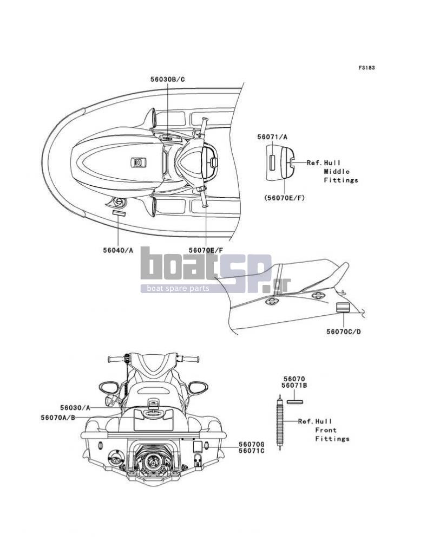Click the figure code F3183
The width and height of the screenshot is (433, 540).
pos(366,68)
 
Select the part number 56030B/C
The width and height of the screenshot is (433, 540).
pos(168,79)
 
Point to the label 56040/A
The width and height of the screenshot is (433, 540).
pos(118,250)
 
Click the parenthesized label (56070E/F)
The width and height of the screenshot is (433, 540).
pos(284,198)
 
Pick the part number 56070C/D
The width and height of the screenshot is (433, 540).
pos(344,331)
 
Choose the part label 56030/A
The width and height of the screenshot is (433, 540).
pos(75,408)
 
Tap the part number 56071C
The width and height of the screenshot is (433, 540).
pos(252,451)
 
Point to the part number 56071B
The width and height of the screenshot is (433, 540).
pos(294,386)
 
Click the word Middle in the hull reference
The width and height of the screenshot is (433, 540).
pos(337,172)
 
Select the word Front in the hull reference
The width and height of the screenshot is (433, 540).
pos(326,430)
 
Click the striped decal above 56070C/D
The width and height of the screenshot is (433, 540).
pos(343,308)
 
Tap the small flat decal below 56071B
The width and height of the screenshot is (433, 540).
pos(294,401)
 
